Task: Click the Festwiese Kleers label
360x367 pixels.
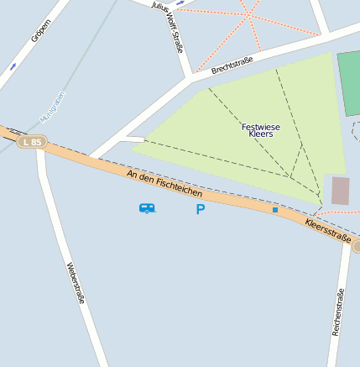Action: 261,130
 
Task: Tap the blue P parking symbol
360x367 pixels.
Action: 200,209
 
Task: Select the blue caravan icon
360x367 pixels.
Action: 147,207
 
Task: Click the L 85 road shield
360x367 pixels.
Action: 33,143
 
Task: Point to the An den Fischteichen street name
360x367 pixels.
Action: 164,183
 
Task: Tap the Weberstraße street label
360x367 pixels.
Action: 76,283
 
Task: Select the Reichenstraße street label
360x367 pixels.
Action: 338,312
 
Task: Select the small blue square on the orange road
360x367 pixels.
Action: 274,209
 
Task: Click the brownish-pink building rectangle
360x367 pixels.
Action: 340,191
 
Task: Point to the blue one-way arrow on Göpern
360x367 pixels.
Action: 12,66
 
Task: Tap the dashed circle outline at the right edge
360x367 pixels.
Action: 355,131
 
